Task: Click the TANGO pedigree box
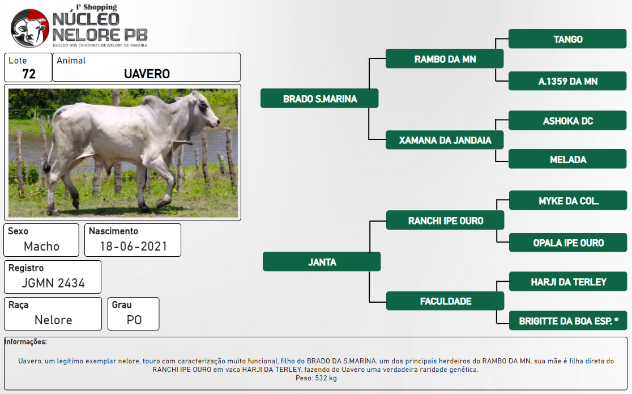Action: tap(567, 39)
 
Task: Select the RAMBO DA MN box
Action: tap(445, 59)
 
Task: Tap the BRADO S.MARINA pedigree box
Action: tap(319, 99)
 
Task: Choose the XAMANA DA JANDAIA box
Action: tap(445, 140)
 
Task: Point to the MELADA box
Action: tap(567, 159)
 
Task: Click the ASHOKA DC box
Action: tap(567, 121)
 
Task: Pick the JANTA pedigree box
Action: tap(322, 262)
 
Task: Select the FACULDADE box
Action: tap(445, 301)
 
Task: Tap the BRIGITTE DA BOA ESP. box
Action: tap(569, 321)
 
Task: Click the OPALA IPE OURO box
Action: tap(569, 243)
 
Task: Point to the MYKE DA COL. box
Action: tap(569, 201)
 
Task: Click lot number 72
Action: tap(29, 74)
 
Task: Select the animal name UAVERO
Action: tap(147, 74)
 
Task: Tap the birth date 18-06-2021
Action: tap(134, 246)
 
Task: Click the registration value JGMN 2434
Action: tap(53, 283)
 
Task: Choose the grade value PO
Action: tap(134, 320)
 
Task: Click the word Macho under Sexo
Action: tap(41, 246)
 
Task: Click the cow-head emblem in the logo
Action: tap(30, 28)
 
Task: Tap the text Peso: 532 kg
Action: tap(316, 378)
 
